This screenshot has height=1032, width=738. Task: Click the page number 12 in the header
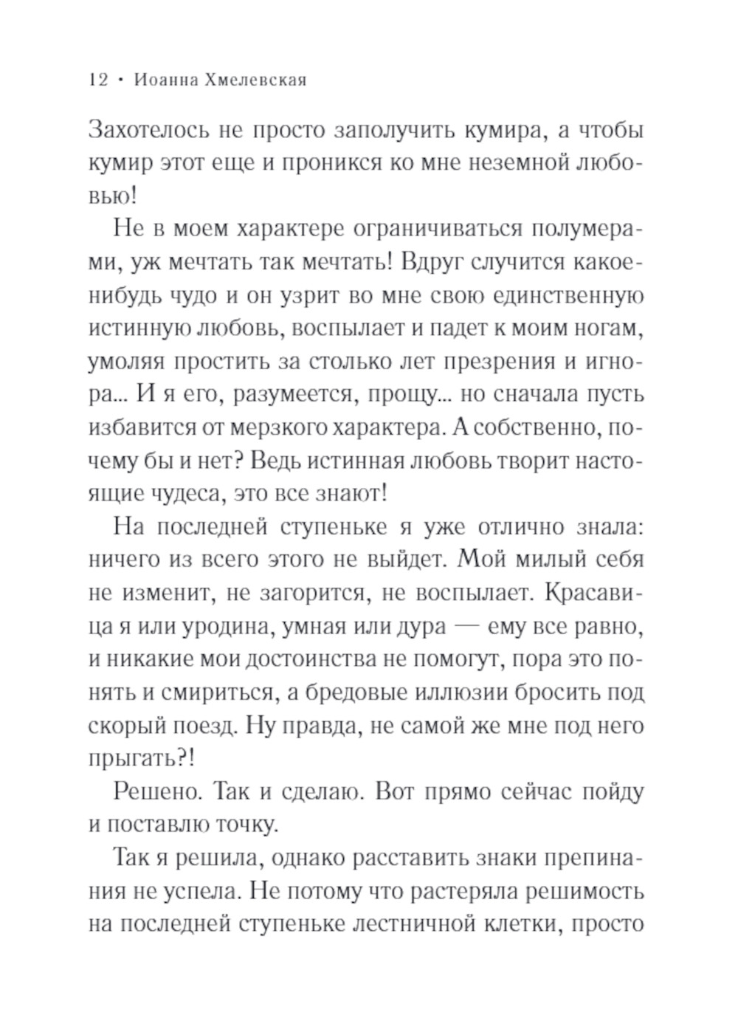(98, 80)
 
